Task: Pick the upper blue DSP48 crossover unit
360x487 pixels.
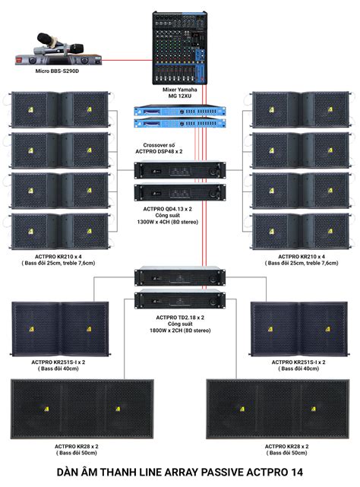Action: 179,112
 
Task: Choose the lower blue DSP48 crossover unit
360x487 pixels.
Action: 179,125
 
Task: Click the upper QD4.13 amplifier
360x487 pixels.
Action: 179,170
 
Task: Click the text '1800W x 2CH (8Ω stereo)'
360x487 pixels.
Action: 179,333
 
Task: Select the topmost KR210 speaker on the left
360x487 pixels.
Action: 57,109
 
